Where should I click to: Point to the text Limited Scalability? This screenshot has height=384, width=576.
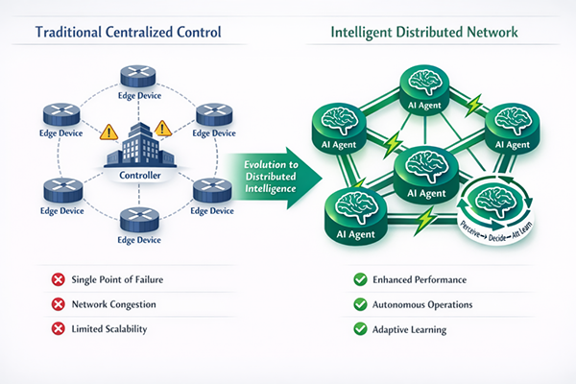[110, 328]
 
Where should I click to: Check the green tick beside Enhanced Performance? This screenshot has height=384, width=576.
[359, 280]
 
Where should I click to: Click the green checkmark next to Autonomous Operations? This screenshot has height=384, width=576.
[359, 304]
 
